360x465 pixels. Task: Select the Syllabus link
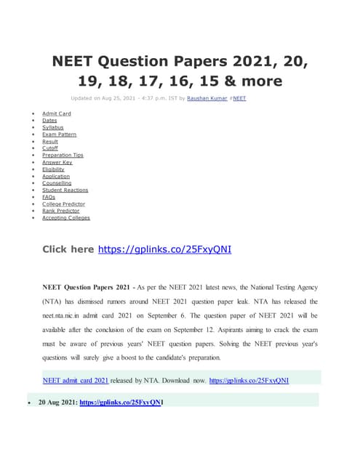[52, 128]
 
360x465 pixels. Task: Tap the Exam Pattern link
[59, 134]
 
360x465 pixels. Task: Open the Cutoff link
[50, 148]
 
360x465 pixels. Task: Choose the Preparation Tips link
[63, 155]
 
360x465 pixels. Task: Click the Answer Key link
[57, 162]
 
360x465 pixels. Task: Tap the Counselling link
[56, 183]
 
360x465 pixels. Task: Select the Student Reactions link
[65, 190]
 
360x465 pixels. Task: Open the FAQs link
[49, 197]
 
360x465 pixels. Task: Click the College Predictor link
[63, 204]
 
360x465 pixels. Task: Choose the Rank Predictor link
[60, 211]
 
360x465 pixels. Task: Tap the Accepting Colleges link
[66, 218]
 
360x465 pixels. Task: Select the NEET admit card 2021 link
[76, 380]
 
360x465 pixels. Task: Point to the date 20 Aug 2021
[57, 402]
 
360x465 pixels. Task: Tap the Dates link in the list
[49, 121]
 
